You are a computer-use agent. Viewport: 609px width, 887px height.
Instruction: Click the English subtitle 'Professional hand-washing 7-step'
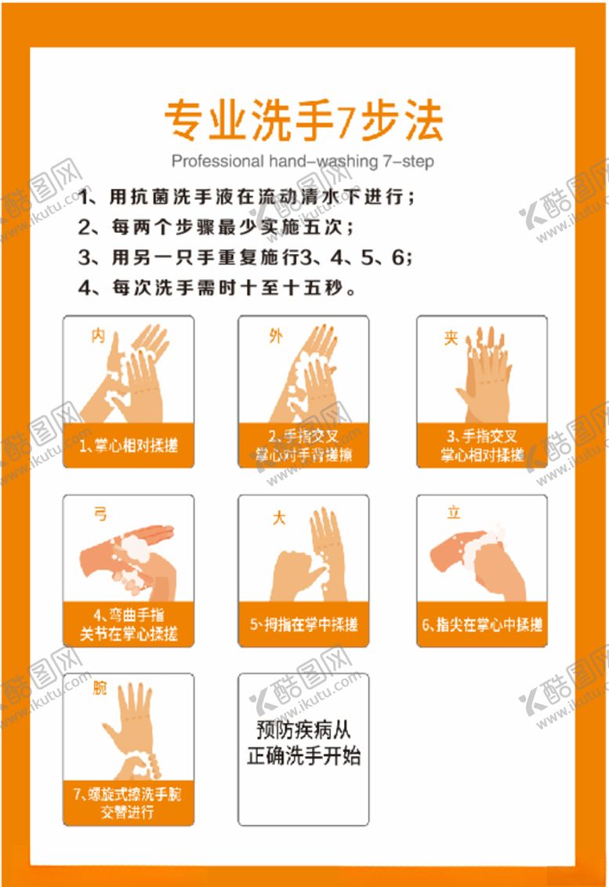(x=303, y=162)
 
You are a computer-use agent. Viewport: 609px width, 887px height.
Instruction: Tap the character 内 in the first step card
(x=98, y=336)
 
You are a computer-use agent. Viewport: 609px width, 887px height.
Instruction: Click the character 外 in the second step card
(x=275, y=336)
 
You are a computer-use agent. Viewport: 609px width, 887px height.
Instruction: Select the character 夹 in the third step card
(x=451, y=338)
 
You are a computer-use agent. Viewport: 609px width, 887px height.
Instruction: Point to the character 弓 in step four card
(x=100, y=514)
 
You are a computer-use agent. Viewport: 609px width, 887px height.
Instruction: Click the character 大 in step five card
(x=278, y=518)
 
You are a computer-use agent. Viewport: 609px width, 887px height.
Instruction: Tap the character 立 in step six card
(x=454, y=514)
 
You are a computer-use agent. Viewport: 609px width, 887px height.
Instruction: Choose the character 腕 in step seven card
(x=100, y=689)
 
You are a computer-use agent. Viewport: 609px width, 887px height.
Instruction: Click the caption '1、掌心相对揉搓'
(x=129, y=445)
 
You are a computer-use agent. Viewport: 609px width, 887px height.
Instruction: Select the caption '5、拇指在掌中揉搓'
(x=303, y=624)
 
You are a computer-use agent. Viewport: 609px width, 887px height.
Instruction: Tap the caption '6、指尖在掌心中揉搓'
(x=482, y=624)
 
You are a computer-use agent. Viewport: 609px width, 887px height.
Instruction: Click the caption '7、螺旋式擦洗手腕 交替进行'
(x=129, y=803)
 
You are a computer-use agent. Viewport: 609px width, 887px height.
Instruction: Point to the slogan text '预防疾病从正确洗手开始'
(x=303, y=743)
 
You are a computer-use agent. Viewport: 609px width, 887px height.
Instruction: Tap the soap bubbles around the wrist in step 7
(x=141, y=760)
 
